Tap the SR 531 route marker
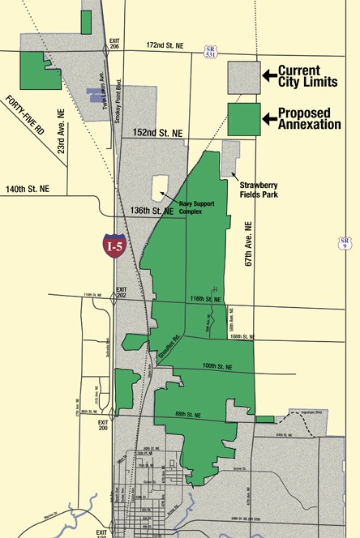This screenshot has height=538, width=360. tap(209, 51)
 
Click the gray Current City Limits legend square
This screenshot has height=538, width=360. tap(243, 77)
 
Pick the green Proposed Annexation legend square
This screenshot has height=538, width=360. tap(243, 119)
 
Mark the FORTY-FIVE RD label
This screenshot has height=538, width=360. tap(23, 121)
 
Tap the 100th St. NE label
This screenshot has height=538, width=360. tap(218, 366)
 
